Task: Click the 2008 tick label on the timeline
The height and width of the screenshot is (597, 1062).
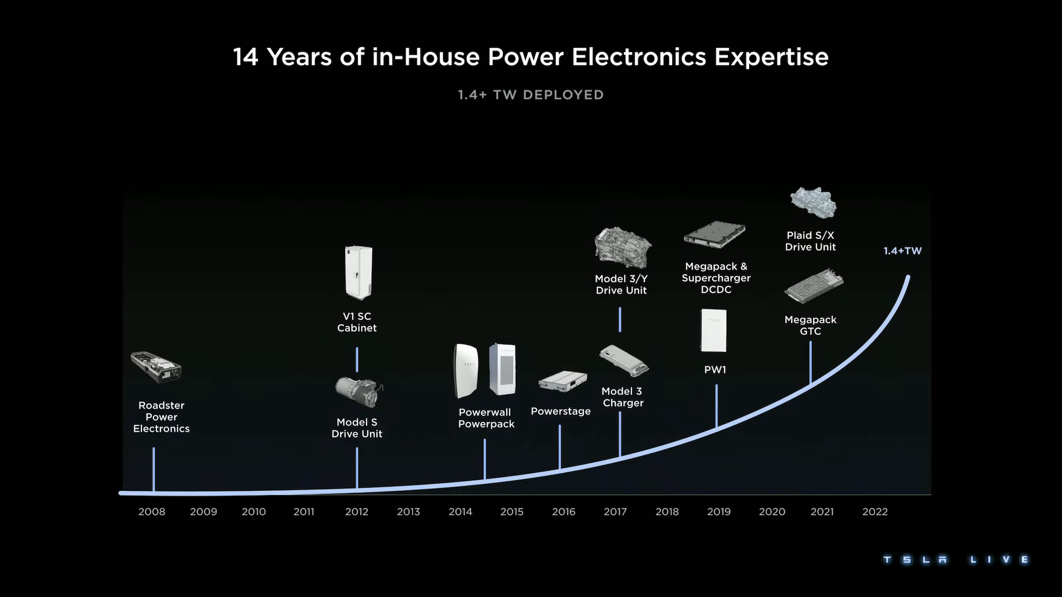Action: click(x=152, y=512)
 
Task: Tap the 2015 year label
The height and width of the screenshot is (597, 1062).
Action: click(x=512, y=512)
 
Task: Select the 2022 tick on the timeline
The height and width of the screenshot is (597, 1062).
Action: click(x=875, y=512)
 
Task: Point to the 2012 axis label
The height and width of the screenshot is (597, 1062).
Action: click(x=357, y=512)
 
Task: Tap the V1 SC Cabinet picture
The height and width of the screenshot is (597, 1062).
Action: click(x=358, y=272)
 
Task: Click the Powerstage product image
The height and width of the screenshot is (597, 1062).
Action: click(x=563, y=381)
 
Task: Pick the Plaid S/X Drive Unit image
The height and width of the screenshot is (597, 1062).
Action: click(x=813, y=202)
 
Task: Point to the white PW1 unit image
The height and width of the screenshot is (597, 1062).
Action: click(x=714, y=331)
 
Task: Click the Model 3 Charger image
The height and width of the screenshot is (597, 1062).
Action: click(x=624, y=360)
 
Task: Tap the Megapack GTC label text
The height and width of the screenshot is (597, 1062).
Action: click(x=810, y=325)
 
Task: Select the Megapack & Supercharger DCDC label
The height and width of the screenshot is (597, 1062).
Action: click(x=716, y=278)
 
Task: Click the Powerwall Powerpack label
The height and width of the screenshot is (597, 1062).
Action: click(x=486, y=418)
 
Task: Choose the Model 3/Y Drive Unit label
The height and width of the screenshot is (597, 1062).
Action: click(x=621, y=284)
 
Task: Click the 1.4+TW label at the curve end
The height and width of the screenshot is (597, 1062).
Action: click(x=903, y=251)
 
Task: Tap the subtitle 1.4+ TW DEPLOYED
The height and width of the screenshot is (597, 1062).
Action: click(x=531, y=95)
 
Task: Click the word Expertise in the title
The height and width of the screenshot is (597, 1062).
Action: click(x=771, y=57)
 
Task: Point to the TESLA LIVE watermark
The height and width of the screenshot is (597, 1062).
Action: click(x=956, y=560)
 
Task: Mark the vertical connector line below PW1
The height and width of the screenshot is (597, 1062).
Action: click(x=716, y=406)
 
